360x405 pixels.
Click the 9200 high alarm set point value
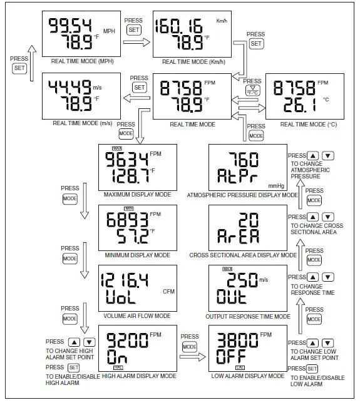(x=128, y=340)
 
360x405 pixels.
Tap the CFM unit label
(x=168, y=291)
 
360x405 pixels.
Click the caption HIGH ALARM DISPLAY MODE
(x=138, y=376)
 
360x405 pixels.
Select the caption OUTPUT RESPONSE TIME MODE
(x=248, y=316)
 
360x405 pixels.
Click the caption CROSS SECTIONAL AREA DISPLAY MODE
(x=243, y=255)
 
